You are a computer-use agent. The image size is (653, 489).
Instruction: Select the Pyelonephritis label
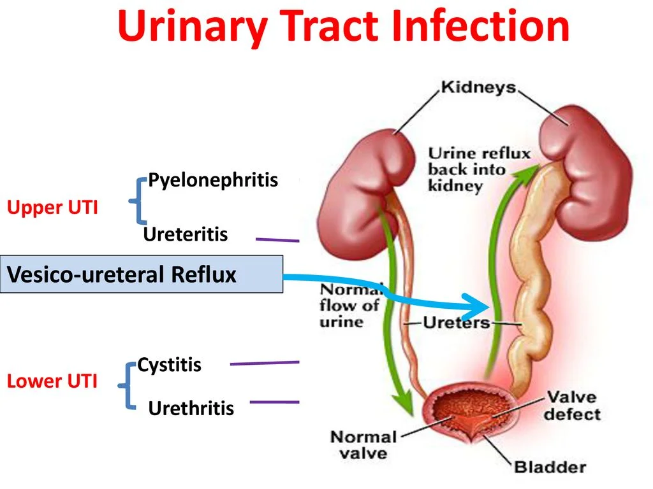pos(213,180)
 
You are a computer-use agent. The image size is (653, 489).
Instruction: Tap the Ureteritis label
pos(185,234)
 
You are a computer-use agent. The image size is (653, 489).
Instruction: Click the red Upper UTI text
pos(52,207)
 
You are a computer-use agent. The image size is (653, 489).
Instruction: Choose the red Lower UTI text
pos(52,381)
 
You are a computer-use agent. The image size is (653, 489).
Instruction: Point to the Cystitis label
pos(170,365)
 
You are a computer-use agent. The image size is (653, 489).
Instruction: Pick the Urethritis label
pos(191,407)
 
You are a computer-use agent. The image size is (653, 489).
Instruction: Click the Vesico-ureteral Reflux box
pos(141,274)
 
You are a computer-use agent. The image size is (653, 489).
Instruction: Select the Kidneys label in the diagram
pos(478,87)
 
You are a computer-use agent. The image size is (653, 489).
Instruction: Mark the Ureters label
pos(456,322)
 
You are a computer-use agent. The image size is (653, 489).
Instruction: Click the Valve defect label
pos(572,406)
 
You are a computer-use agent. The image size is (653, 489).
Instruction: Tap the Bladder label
pos(550,467)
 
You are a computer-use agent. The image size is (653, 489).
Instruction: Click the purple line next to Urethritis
pos(274,402)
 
